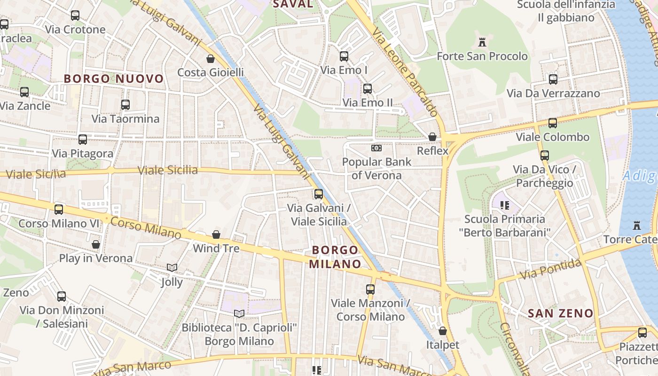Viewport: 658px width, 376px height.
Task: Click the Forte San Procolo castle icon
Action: pos(482,42)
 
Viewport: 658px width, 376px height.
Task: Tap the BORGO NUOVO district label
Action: pos(114,78)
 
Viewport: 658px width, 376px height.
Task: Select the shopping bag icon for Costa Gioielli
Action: pos(211,59)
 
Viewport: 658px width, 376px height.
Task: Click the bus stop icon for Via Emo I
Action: pos(344,56)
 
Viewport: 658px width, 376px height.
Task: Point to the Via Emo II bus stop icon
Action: pos(368,88)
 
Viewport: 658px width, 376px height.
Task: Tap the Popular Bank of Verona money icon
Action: pos(376,148)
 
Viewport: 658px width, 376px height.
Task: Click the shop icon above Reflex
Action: pos(432,137)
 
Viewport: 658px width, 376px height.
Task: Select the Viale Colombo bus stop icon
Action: pos(553,123)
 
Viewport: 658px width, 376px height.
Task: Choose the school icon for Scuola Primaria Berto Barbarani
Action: pos(505,205)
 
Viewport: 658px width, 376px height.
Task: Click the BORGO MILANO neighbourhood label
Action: pos(335,257)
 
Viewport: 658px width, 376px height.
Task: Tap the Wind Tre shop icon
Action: pos(216,235)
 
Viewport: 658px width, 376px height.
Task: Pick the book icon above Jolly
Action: pos(172,268)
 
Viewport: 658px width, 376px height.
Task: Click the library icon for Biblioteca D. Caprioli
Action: pos(239,313)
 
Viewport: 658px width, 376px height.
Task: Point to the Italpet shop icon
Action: pos(443,331)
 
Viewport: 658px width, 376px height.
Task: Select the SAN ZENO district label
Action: pos(560,313)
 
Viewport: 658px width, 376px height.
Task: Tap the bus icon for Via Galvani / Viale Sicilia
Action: pos(319,194)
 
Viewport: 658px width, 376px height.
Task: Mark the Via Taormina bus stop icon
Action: pos(125,105)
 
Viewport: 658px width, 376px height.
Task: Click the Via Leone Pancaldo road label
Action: pos(406,72)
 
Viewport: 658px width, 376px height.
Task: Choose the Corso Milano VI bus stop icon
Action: pos(59,210)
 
